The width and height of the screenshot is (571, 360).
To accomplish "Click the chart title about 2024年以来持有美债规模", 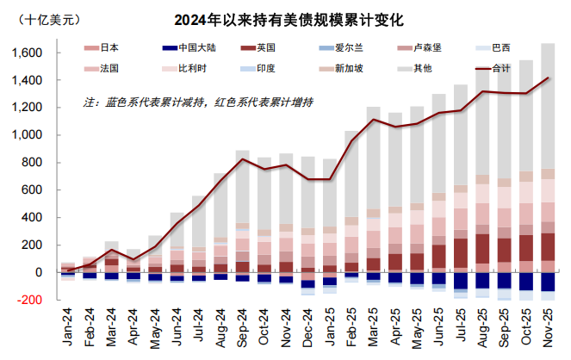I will pyautogui.click(x=289, y=18).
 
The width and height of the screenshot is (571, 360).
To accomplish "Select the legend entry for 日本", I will pyautogui.click(x=102, y=49).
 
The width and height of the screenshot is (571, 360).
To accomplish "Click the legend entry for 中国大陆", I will pyautogui.click(x=184, y=49).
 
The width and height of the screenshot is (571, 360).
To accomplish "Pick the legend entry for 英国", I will pyautogui.click(x=258, y=49).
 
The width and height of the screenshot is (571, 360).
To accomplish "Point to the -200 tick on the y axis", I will pyautogui.click(x=36, y=300).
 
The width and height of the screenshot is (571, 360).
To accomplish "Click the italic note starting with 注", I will pyautogui.click(x=198, y=102).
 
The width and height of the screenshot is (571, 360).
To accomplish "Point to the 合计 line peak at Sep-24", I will pyautogui.click(x=243, y=159).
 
